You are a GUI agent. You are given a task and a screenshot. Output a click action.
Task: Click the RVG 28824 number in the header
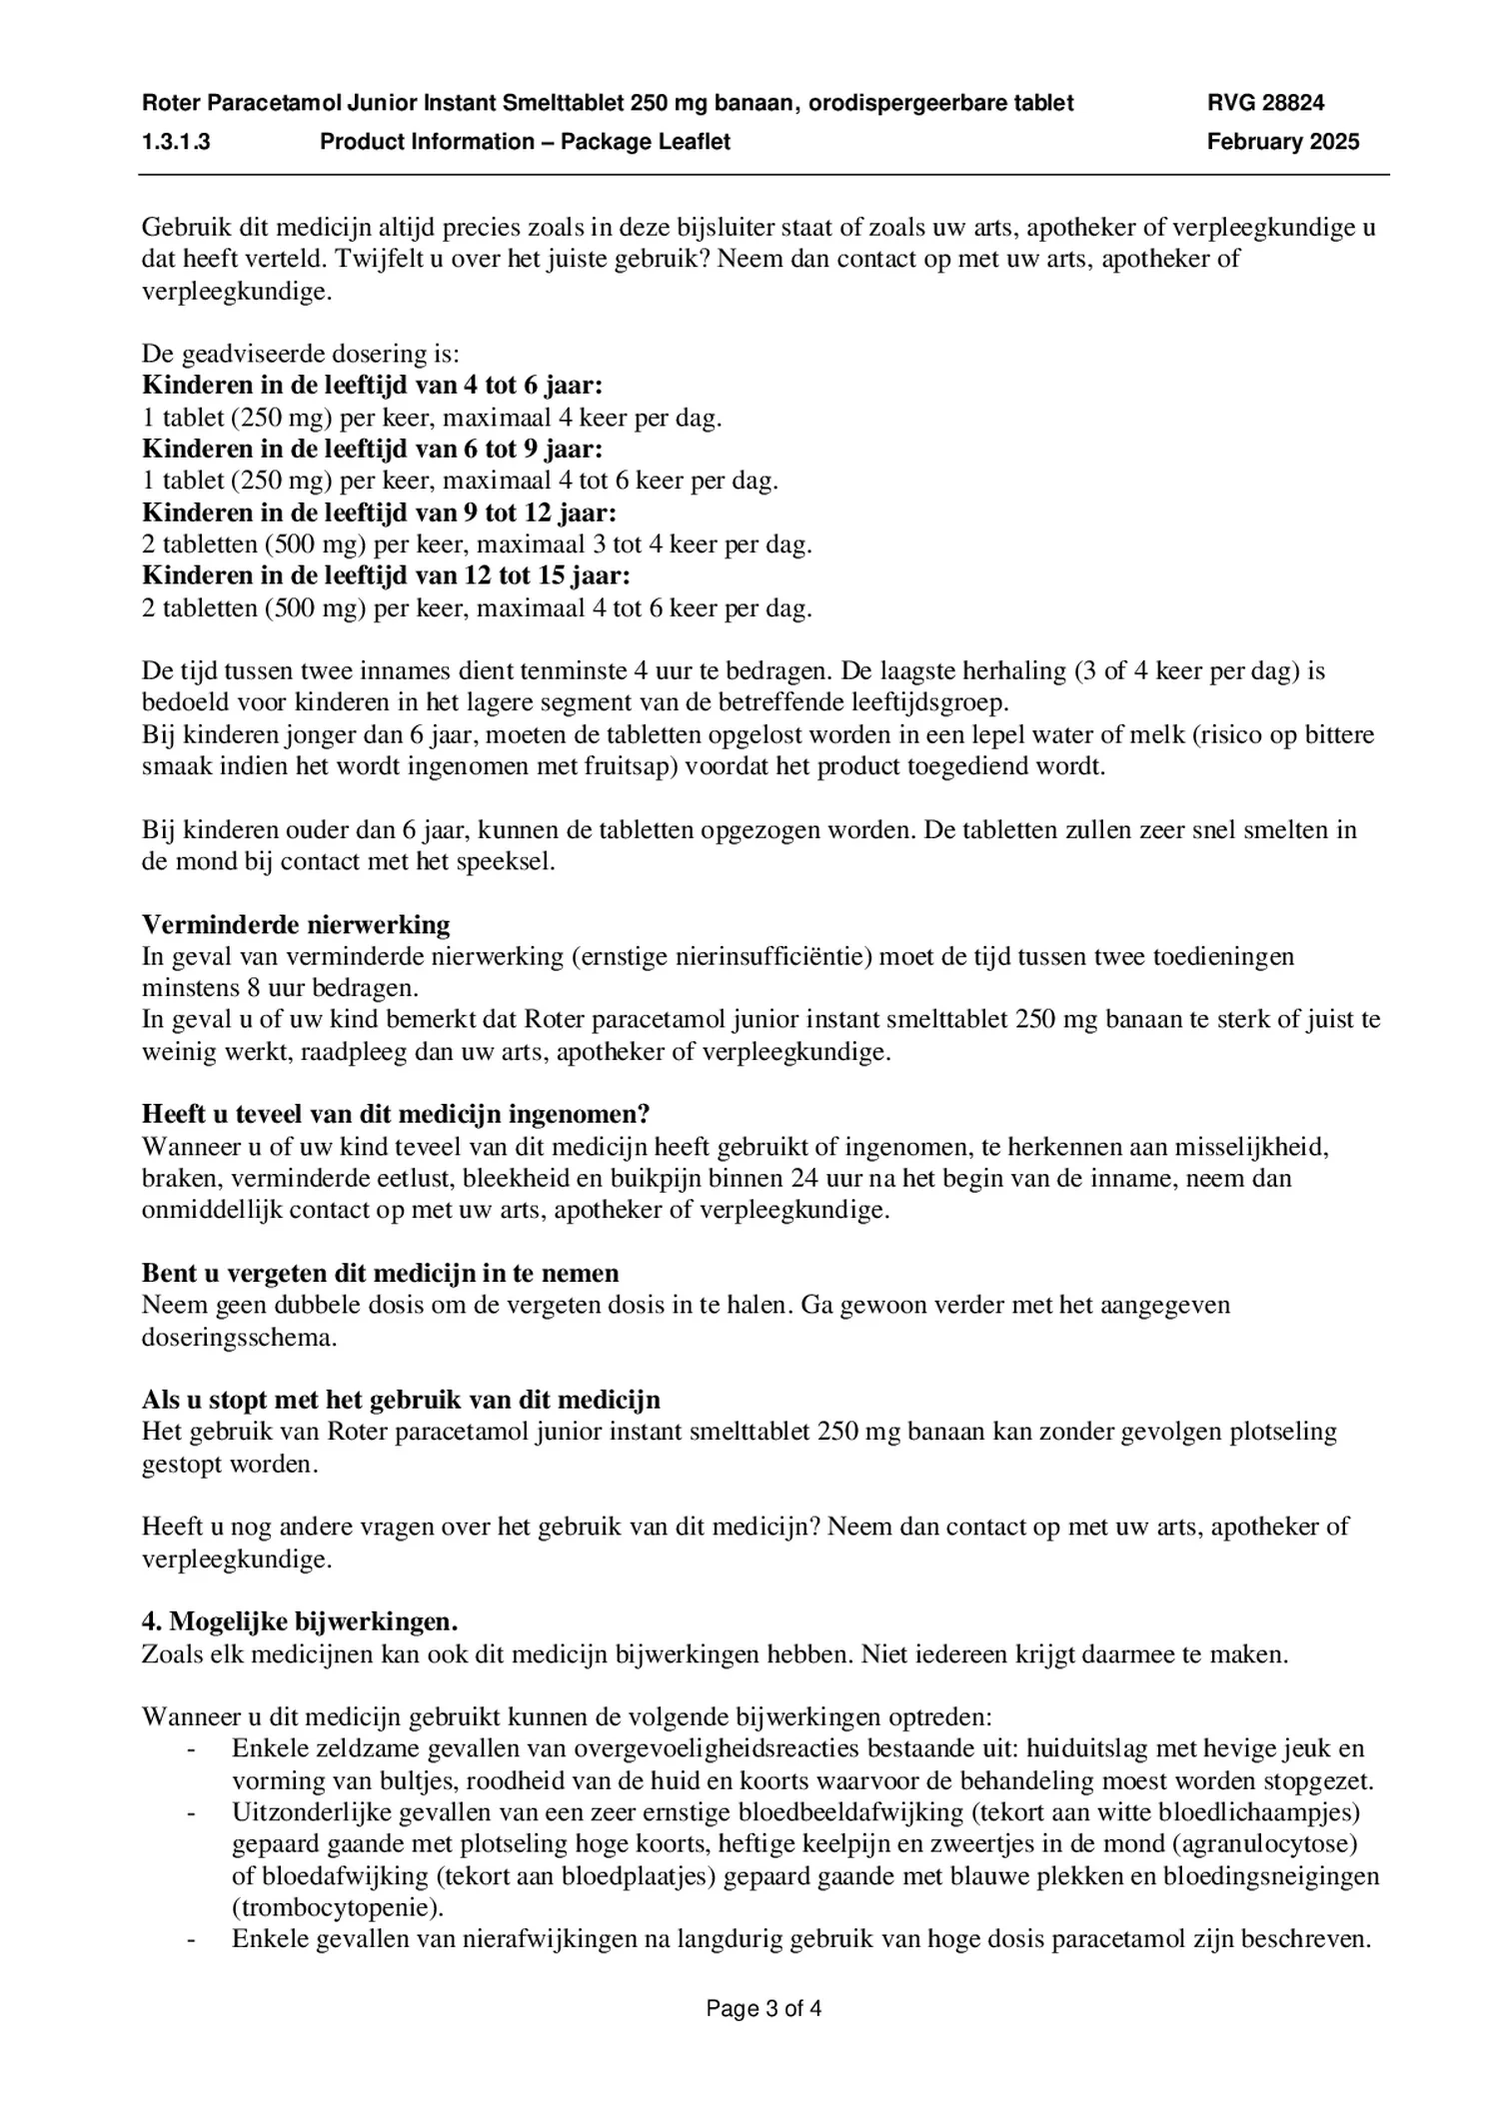click(x=1265, y=102)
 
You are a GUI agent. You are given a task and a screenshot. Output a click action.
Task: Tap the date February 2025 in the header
click(x=1282, y=142)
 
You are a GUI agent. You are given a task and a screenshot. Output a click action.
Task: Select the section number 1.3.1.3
click(x=176, y=142)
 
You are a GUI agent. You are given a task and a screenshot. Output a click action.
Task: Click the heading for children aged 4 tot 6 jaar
click(x=373, y=386)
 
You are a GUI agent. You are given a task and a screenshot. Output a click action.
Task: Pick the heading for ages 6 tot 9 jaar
click(x=373, y=449)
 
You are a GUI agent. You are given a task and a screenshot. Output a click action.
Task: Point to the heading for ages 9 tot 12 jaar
click(x=380, y=513)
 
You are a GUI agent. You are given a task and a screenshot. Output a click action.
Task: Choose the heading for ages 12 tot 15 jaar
click(x=387, y=575)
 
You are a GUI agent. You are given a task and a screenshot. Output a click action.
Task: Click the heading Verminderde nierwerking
click(x=296, y=924)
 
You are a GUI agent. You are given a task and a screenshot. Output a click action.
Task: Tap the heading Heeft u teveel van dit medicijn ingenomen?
click(x=396, y=1114)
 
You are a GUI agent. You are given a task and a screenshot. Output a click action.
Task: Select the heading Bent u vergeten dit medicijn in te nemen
click(x=381, y=1273)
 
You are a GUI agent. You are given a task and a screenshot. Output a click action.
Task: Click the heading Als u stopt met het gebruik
click(x=401, y=1400)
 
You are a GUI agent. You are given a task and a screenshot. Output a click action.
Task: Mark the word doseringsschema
click(x=239, y=1337)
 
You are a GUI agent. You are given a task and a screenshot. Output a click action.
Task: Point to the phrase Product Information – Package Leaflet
click(x=525, y=142)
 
